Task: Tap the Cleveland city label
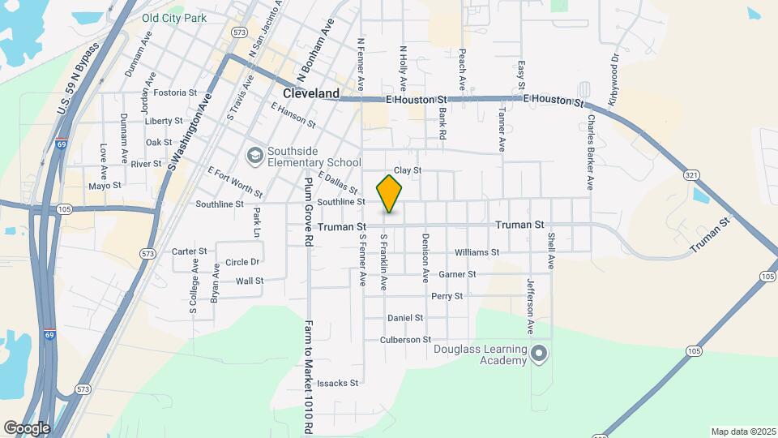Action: [x=311, y=93]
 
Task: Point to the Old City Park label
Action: [x=173, y=17]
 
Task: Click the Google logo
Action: [x=26, y=427]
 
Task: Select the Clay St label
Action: [x=408, y=170]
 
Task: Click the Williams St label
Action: [x=477, y=252]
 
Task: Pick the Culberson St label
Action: [x=405, y=340]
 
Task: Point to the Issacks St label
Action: [x=337, y=383]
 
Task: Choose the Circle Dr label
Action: [x=242, y=262]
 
